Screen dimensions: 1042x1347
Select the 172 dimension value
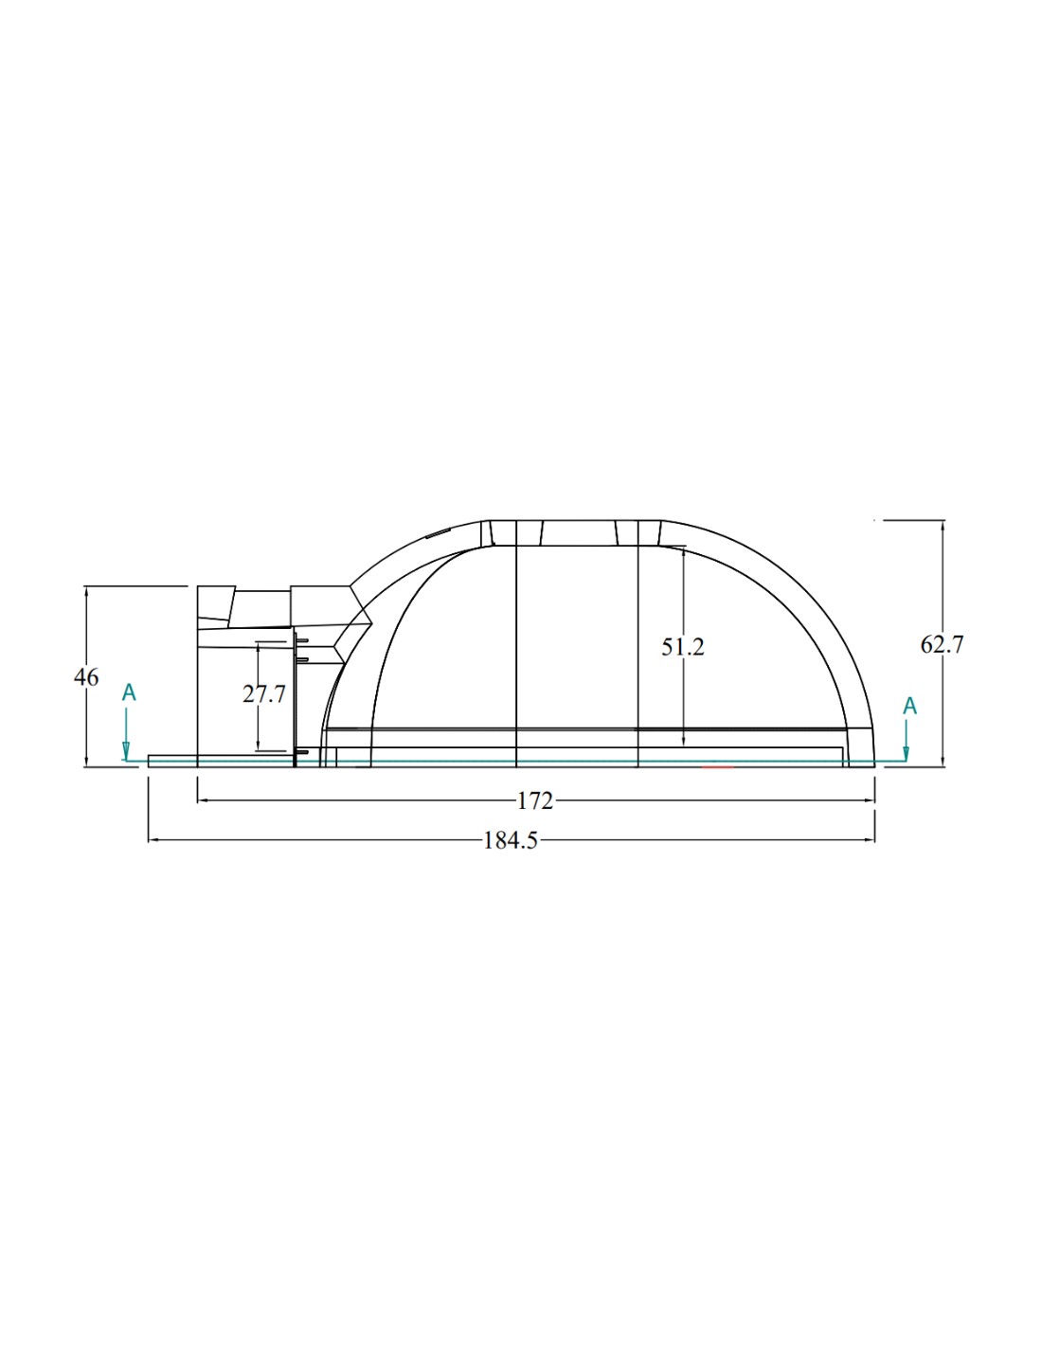[534, 800]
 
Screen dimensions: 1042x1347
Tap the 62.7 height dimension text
[942, 645]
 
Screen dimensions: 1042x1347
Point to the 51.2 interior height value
[682, 647]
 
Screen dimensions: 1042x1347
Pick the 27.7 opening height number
[264, 695]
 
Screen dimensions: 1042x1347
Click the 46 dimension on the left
[86, 677]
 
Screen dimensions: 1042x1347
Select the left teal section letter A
[129, 693]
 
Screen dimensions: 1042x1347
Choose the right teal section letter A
[909, 706]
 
